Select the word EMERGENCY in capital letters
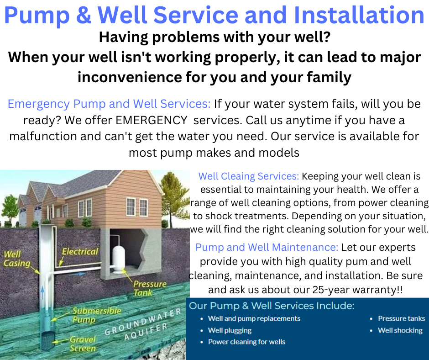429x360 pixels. [152, 120]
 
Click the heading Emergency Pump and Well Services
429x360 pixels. [109, 104]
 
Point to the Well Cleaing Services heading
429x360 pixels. [249, 176]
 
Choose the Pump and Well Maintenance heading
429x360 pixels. [267, 248]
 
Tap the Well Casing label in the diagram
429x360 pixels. [17, 259]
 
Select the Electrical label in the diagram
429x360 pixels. [79, 252]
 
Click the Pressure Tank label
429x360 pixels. [149, 288]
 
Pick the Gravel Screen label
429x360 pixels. [82, 344]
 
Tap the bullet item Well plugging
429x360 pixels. [230, 330]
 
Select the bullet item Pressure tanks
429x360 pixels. [401, 318]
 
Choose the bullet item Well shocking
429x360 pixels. [400, 330]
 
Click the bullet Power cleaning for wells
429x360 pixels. [246, 342]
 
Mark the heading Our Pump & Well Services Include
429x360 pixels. [272, 306]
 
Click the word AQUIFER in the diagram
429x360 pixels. [146, 332]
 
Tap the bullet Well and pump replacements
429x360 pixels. [254, 318]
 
